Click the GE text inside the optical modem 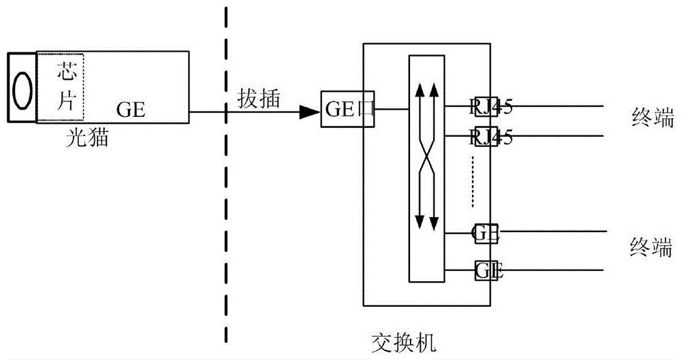click(131, 109)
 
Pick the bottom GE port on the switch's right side click(488, 270)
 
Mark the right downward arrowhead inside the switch click(433, 222)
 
